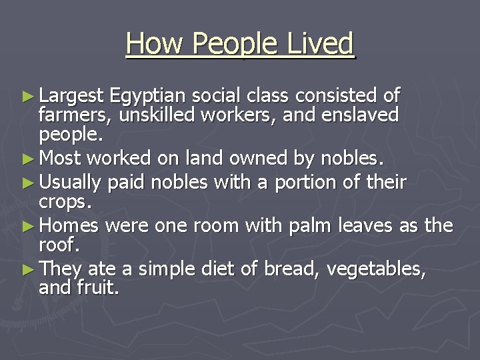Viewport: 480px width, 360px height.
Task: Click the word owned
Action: pyautogui.click(x=235, y=159)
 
